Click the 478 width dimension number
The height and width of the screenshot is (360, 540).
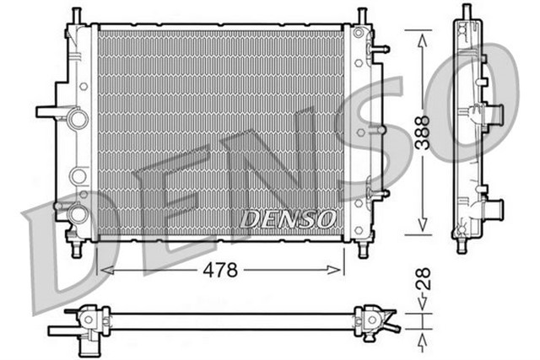tap(221, 270)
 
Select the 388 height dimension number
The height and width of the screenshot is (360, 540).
tap(421, 132)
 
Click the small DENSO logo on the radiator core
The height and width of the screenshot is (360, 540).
tap(287, 218)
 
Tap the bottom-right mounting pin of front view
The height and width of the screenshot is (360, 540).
tap(363, 249)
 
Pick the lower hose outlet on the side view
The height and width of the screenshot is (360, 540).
tap(493, 206)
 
